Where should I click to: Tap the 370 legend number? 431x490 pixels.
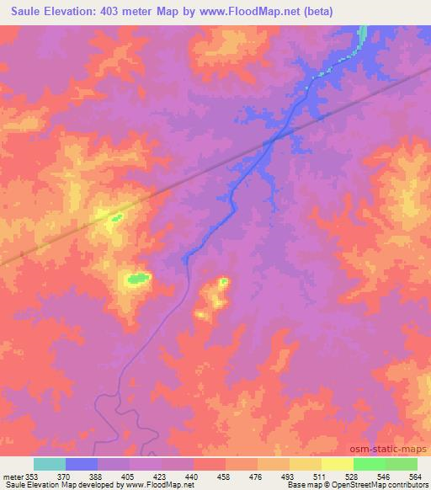pos(64,475)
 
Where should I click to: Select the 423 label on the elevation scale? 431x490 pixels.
pos(162,475)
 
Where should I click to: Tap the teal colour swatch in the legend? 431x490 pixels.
pos(50,464)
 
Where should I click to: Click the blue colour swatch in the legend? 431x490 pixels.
pos(82,464)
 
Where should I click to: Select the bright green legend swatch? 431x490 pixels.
pos(370,464)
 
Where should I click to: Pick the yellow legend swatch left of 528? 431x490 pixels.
pos(338,464)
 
